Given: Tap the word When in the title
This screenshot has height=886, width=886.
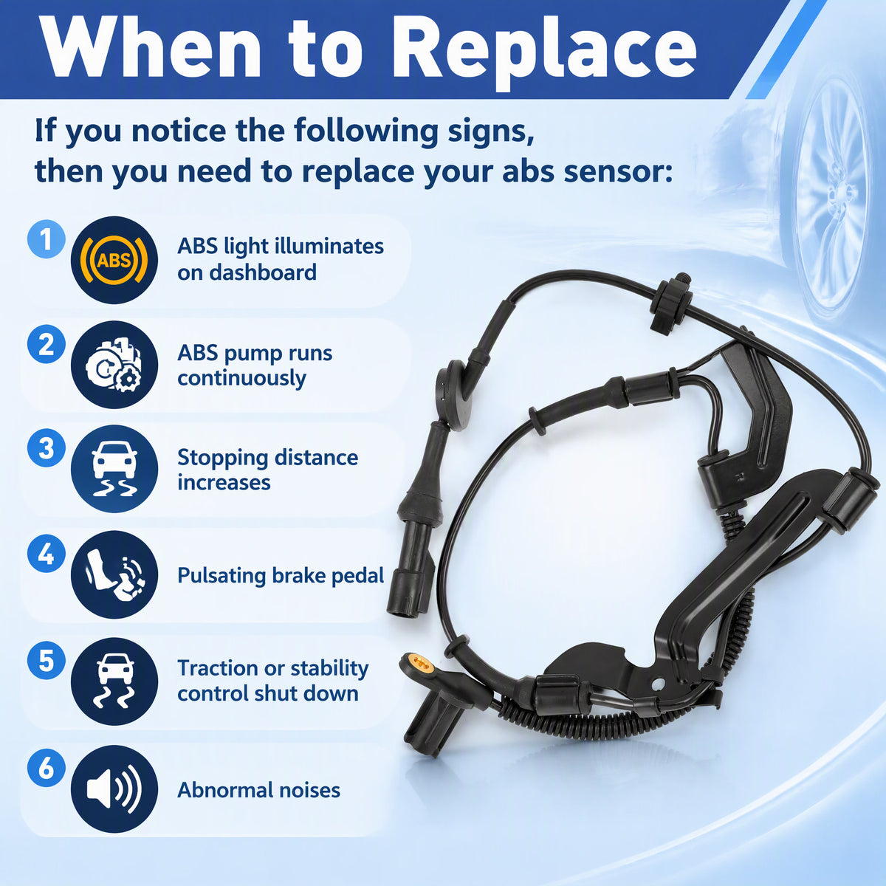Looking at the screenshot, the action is pyautogui.click(x=152, y=48).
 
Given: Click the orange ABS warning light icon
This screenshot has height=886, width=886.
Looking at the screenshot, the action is pyautogui.click(x=114, y=260).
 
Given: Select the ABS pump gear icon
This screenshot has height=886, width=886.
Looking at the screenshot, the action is pyautogui.click(x=114, y=365).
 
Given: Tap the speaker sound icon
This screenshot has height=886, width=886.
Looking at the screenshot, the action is pyautogui.click(x=114, y=789).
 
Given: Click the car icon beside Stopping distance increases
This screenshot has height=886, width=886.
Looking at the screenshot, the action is pyautogui.click(x=114, y=469).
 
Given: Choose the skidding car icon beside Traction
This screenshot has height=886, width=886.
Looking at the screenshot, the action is pyautogui.click(x=114, y=681).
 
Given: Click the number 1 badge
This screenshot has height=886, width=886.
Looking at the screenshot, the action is pyautogui.click(x=46, y=239).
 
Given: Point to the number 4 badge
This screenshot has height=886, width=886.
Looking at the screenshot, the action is pyautogui.click(x=46, y=554).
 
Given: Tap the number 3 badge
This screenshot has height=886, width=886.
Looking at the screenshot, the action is pyautogui.click(x=46, y=448).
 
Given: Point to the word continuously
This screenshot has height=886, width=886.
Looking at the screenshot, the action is pyautogui.click(x=242, y=380).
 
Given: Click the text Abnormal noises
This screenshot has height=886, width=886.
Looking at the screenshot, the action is pyautogui.click(x=259, y=790).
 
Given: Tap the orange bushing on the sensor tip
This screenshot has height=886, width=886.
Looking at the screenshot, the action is pyautogui.click(x=419, y=662).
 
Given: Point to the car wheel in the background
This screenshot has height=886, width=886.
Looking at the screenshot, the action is pyautogui.click(x=830, y=193).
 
